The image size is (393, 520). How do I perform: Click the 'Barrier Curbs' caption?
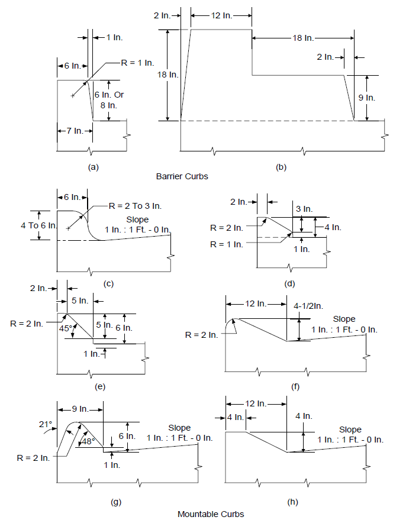182,176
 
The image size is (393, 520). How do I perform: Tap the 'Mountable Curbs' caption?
211,514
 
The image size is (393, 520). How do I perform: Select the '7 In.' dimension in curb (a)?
75,131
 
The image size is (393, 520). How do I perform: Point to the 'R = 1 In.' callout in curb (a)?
137,62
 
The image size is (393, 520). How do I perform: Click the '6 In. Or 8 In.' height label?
109,100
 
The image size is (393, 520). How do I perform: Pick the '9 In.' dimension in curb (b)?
367,98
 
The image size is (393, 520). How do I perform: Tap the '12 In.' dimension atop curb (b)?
221,15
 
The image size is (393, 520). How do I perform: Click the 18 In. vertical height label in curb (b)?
168,75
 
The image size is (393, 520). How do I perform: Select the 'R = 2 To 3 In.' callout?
135,206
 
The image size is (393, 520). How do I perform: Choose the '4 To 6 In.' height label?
38,225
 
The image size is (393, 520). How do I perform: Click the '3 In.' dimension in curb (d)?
304,209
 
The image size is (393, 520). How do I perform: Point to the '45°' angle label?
65,328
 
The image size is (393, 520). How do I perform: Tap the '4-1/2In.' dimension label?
308,306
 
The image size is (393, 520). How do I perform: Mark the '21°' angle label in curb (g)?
46,424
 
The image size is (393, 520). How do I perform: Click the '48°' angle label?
89,441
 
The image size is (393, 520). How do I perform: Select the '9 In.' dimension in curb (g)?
80,409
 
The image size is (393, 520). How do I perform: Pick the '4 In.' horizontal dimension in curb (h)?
236,417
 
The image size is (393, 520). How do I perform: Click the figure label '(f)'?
295,387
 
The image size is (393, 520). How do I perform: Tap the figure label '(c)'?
108,284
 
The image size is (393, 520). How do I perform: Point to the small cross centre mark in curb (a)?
73,96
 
